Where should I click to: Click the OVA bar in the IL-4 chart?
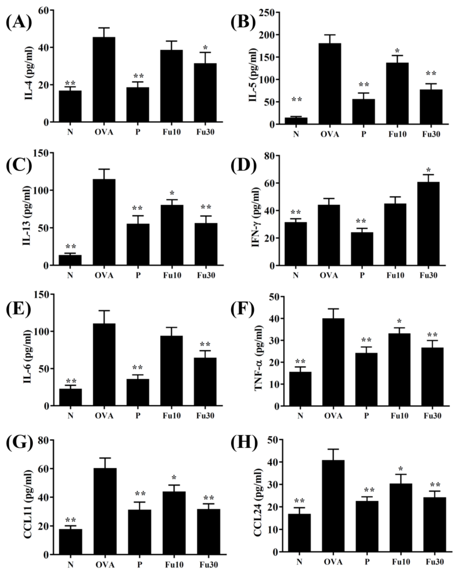pos(104,80)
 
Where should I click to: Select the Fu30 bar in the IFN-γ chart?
pos(428,224)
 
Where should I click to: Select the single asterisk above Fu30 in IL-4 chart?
pos(205,48)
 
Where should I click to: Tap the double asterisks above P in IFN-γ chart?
pos(361,221)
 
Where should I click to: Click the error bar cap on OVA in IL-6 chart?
pos(104,310)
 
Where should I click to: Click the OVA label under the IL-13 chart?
pos(104,275)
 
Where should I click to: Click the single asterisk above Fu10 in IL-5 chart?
pos(397,51)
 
